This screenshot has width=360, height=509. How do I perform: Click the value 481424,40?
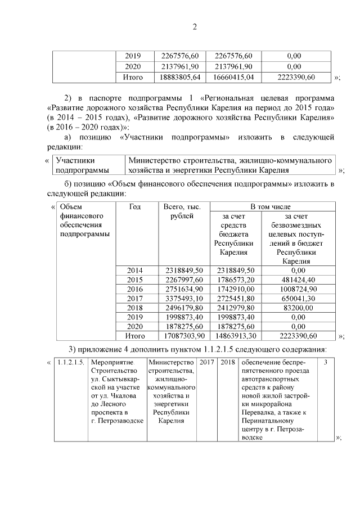(297, 280)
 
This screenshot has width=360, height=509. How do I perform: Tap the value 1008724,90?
(297, 289)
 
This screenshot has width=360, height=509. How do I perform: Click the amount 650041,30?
(297, 299)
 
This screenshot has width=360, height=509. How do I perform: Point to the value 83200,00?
(297, 308)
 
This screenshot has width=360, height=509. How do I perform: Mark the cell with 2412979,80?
(235, 308)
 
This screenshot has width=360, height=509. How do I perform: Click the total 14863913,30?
(235, 336)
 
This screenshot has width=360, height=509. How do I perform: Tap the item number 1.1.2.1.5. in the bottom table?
(71, 362)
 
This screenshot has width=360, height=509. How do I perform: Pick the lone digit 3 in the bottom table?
(326, 362)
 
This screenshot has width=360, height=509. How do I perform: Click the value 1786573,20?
(235, 280)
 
